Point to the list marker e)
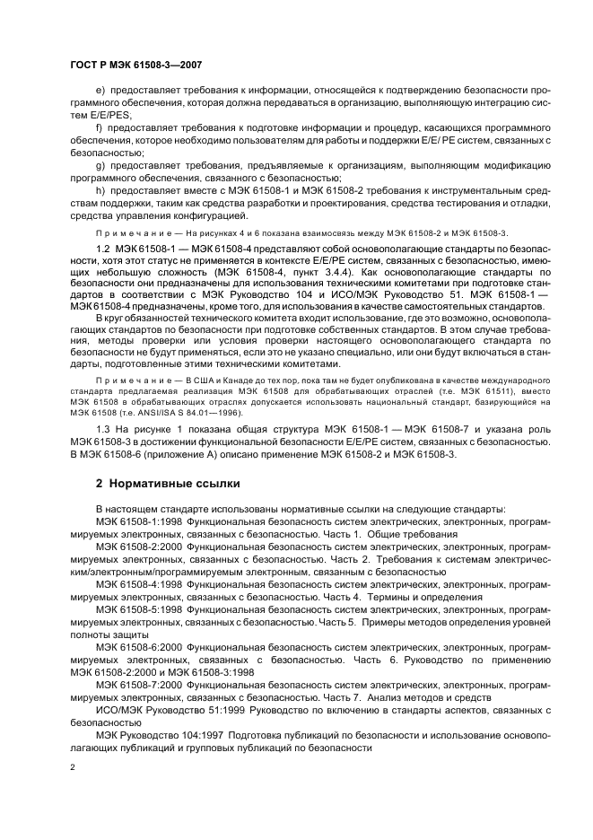point(99,91)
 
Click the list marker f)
point(98,127)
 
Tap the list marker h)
point(99,191)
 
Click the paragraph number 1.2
point(103,246)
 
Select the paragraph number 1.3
point(103,432)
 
